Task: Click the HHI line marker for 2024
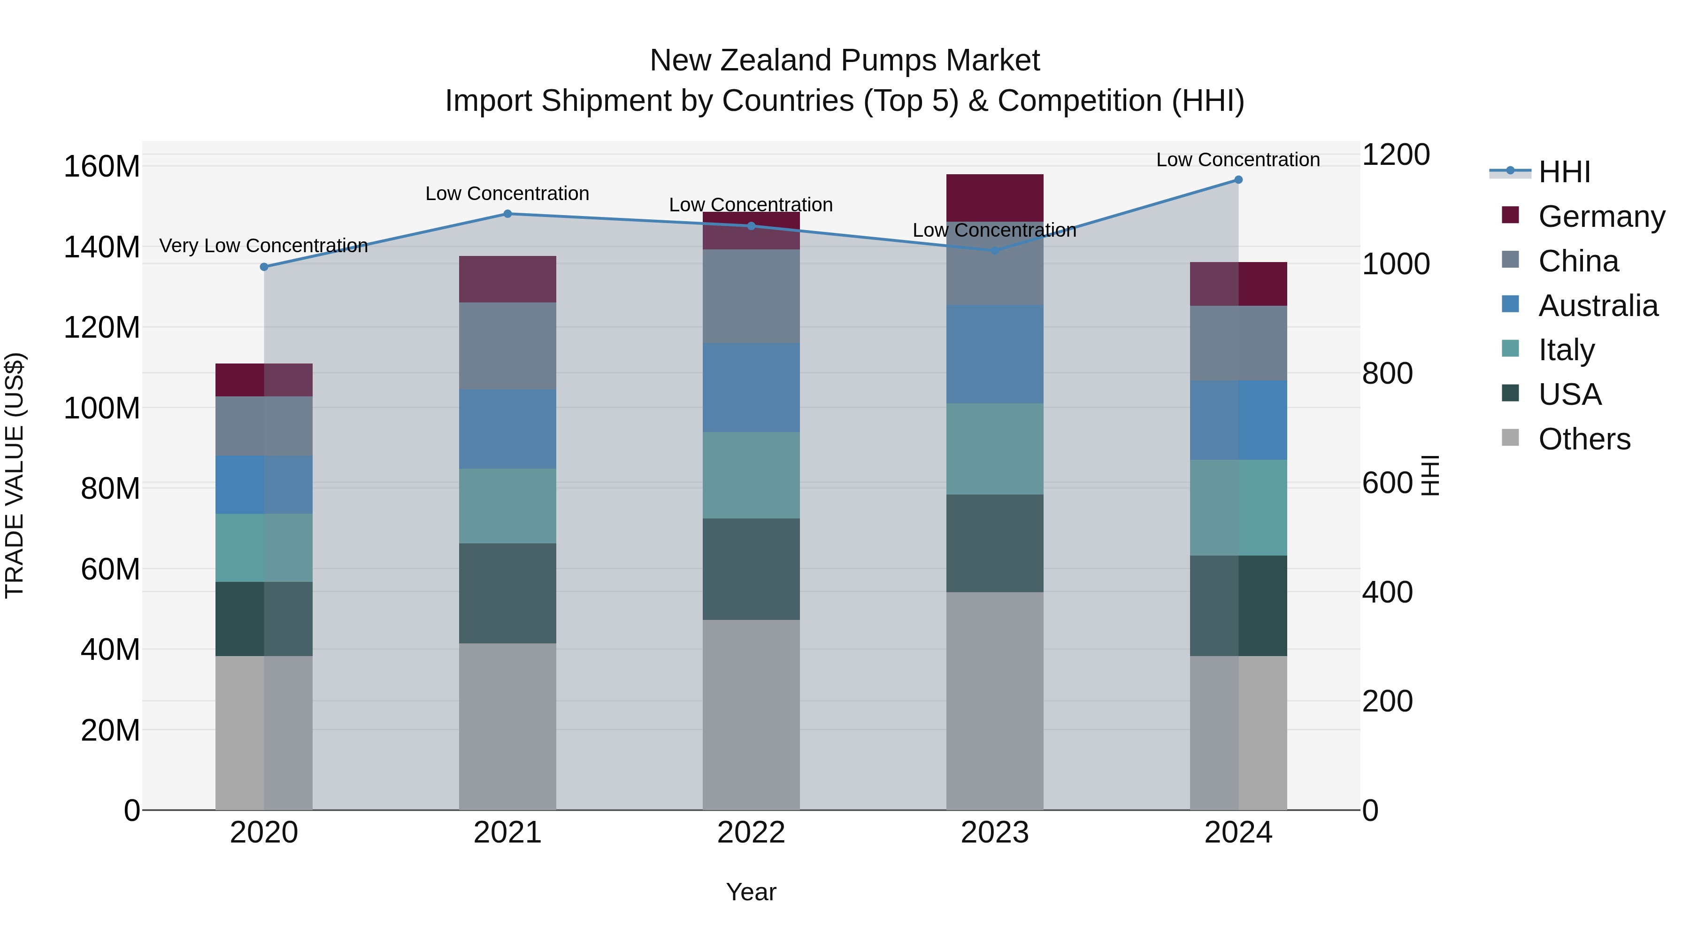(x=1238, y=180)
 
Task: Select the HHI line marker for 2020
(x=264, y=267)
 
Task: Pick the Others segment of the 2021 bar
(x=507, y=726)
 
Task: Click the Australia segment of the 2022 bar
(x=751, y=387)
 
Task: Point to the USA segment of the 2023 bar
(x=995, y=543)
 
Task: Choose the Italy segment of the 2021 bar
(x=507, y=505)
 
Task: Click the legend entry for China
(x=1578, y=261)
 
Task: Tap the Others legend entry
(x=1584, y=439)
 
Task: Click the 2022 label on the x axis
(x=751, y=833)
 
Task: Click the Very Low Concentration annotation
(x=264, y=246)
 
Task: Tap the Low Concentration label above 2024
(x=1238, y=160)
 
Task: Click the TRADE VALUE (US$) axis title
(x=15, y=475)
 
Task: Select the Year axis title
(x=751, y=892)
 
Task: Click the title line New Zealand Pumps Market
(x=845, y=61)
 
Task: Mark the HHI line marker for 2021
(x=507, y=214)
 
